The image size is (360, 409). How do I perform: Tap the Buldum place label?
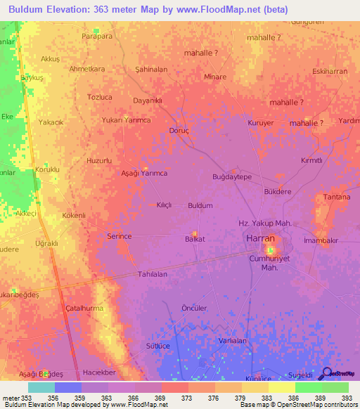click(x=200, y=206)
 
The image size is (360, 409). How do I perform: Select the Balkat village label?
click(x=195, y=239)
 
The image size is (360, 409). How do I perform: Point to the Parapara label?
click(x=97, y=36)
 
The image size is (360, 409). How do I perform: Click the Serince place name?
click(x=120, y=236)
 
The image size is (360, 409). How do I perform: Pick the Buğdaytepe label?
click(x=232, y=177)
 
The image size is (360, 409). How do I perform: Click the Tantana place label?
click(x=337, y=197)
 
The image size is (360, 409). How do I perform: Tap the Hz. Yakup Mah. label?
click(x=265, y=223)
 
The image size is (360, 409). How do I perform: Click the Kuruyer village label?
click(x=260, y=123)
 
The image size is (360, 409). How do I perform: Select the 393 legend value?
click(x=347, y=398)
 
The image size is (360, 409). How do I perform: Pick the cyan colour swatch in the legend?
click(x=41, y=387)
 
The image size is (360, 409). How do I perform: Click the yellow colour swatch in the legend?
click(x=281, y=387)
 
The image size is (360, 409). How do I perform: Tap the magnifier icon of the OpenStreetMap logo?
click(x=326, y=373)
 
